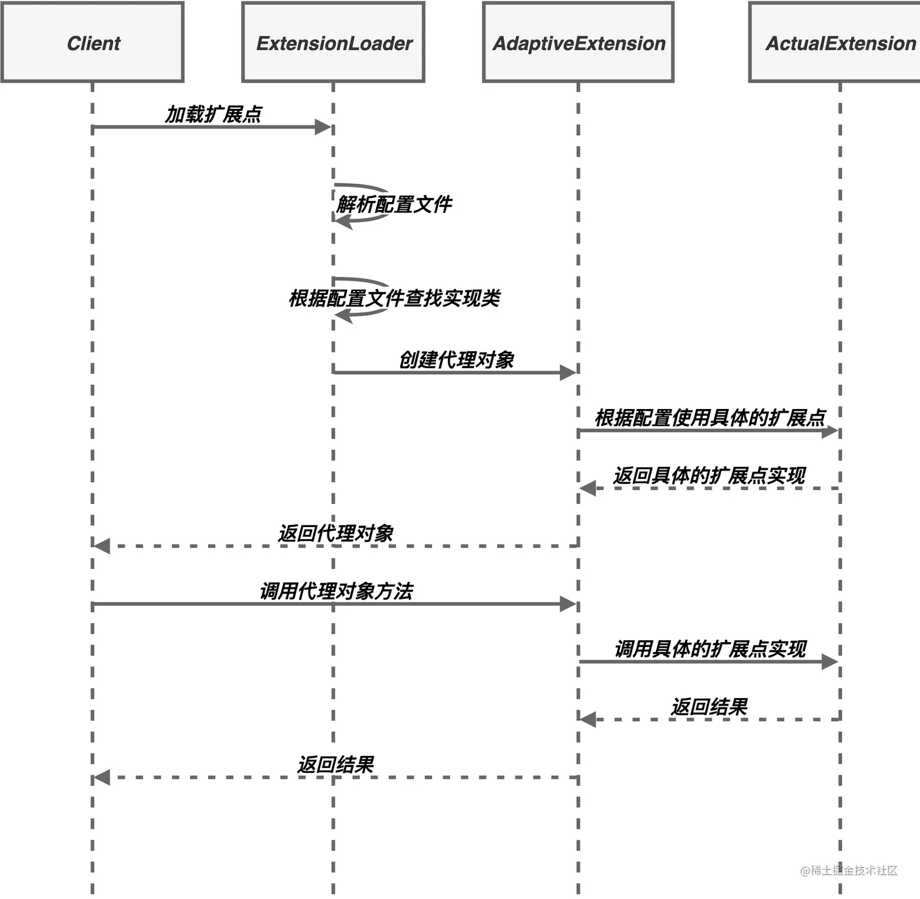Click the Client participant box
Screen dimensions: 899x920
(92, 43)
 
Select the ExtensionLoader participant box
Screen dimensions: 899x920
(333, 43)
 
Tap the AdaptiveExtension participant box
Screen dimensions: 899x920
(578, 43)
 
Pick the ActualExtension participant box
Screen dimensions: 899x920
(840, 43)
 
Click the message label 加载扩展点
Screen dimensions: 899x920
(214, 114)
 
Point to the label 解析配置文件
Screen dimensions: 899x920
(394, 205)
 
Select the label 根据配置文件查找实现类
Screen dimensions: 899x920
(394, 298)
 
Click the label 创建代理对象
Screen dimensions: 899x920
(456, 360)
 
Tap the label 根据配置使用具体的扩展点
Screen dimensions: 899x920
(709, 418)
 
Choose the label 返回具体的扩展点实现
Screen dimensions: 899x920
(709, 475)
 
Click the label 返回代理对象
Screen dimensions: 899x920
(336, 533)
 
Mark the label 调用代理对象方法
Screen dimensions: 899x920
(336, 591)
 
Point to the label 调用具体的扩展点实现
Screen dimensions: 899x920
(710, 649)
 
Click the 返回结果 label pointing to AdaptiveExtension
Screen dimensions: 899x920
(709, 707)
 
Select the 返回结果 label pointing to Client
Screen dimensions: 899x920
(336, 764)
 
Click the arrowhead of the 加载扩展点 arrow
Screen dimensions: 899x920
(323, 127)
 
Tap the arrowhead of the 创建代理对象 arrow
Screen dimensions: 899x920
(568, 373)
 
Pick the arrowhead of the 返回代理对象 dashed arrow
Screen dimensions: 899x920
(102, 546)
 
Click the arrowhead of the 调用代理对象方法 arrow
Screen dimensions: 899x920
(568, 604)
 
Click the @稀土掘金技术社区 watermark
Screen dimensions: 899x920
(849, 870)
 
